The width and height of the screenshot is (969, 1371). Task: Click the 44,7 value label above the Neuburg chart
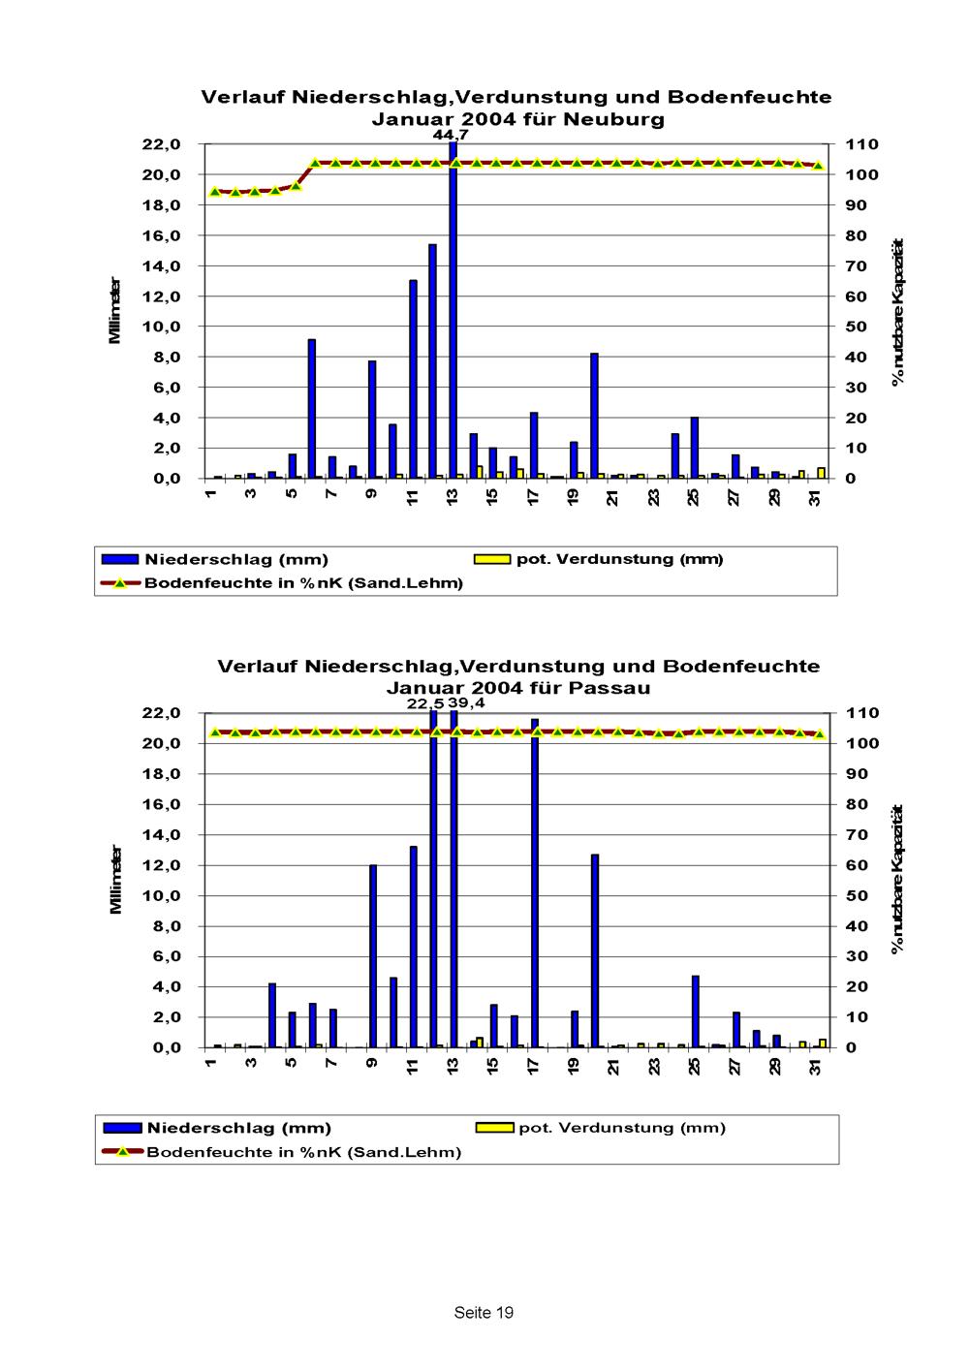click(450, 135)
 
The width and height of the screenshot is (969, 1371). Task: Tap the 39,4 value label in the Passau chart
click(467, 702)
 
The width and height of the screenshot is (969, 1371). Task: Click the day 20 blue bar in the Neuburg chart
click(594, 416)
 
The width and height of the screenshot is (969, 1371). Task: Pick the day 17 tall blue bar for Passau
click(534, 883)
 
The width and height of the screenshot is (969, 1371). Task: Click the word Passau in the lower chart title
click(612, 688)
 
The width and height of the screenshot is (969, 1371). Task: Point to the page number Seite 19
click(484, 1313)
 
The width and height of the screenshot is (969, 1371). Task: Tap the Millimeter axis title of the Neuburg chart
click(114, 311)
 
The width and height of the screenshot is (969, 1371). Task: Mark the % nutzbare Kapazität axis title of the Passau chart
click(897, 878)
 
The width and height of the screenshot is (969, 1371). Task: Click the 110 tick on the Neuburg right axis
click(860, 144)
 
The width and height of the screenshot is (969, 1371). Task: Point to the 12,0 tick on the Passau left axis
click(161, 865)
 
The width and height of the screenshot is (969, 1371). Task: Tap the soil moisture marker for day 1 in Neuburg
click(215, 191)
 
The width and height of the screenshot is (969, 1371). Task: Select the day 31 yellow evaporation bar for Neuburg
click(821, 473)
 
